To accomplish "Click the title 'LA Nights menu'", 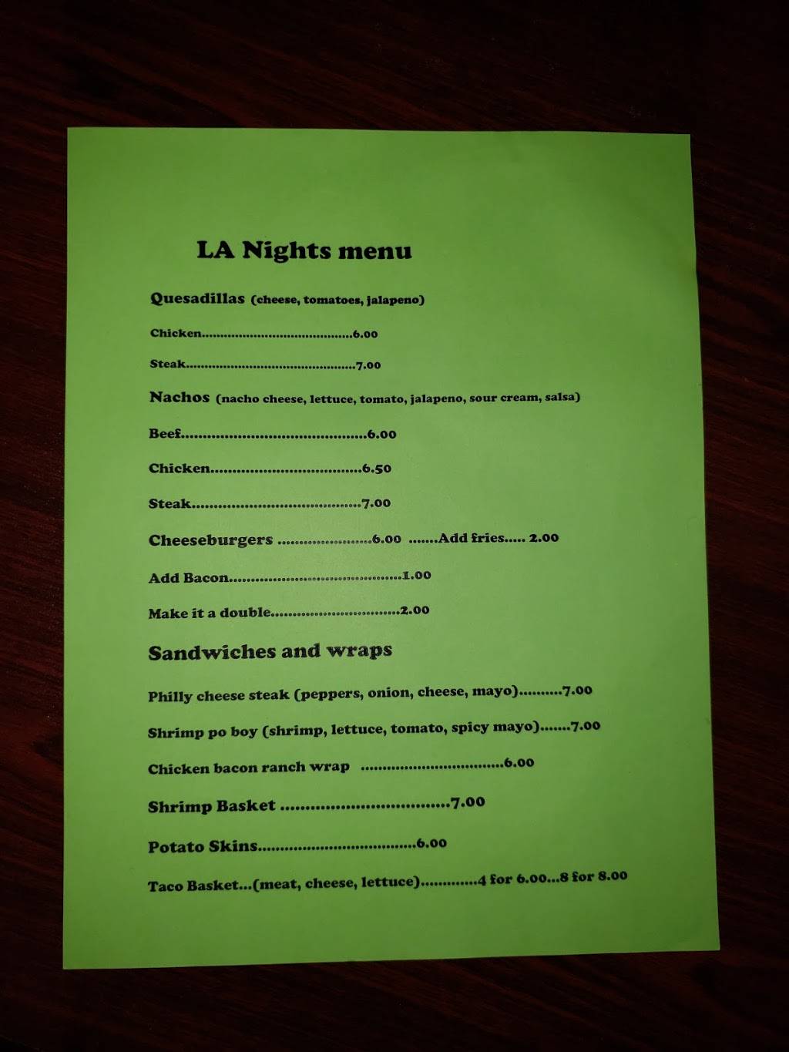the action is (x=304, y=250).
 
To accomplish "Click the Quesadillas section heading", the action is (x=197, y=299).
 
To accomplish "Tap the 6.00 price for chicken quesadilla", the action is (x=365, y=334).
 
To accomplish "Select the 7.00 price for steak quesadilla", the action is (x=368, y=365).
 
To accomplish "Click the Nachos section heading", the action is (x=180, y=398).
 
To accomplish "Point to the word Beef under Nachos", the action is (x=164, y=434).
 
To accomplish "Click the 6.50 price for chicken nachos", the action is (x=377, y=469).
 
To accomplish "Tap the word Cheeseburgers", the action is (x=210, y=540).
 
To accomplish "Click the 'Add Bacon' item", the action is (x=189, y=578).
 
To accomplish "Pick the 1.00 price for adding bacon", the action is (x=417, y=575).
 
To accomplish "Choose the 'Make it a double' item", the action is (x=210, y=613).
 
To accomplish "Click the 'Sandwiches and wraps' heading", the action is (x=270, y=652).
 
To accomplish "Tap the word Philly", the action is (x=170, y=696).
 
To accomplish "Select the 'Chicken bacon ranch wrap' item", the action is (x=248, y=768).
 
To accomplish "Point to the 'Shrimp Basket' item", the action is (x=211, y=806).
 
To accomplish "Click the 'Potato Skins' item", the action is (x=203, y=846).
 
